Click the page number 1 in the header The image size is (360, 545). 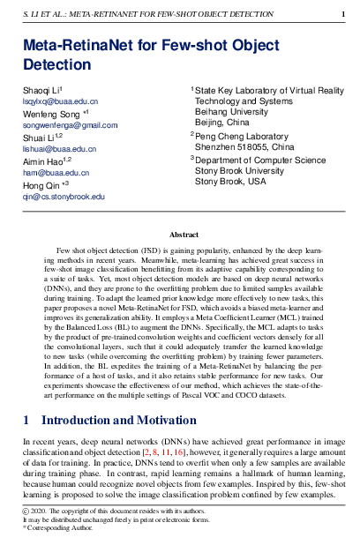[342, 15]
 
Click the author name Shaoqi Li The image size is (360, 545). [40, 91]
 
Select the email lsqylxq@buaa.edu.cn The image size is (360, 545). [60, 102]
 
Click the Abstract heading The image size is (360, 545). [184, 235]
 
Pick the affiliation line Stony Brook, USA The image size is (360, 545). [230, 182]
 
